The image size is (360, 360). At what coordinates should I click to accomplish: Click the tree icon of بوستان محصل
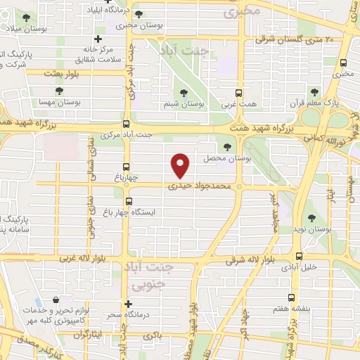[x=226, y=147]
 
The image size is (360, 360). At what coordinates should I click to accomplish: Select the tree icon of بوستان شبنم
[x=184, y=92]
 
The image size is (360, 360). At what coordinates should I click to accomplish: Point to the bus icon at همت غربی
[x=240, y=92]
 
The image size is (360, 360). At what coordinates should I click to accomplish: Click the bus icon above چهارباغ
[x=127, y=167]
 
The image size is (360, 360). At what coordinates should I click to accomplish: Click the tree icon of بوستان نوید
[x=311, y=219]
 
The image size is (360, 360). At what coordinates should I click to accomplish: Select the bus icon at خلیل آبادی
[x=300, y=256]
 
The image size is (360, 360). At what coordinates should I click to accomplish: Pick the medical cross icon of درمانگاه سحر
[x=127, y=304]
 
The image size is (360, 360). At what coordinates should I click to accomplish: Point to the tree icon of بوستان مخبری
[x=136, y=14]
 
